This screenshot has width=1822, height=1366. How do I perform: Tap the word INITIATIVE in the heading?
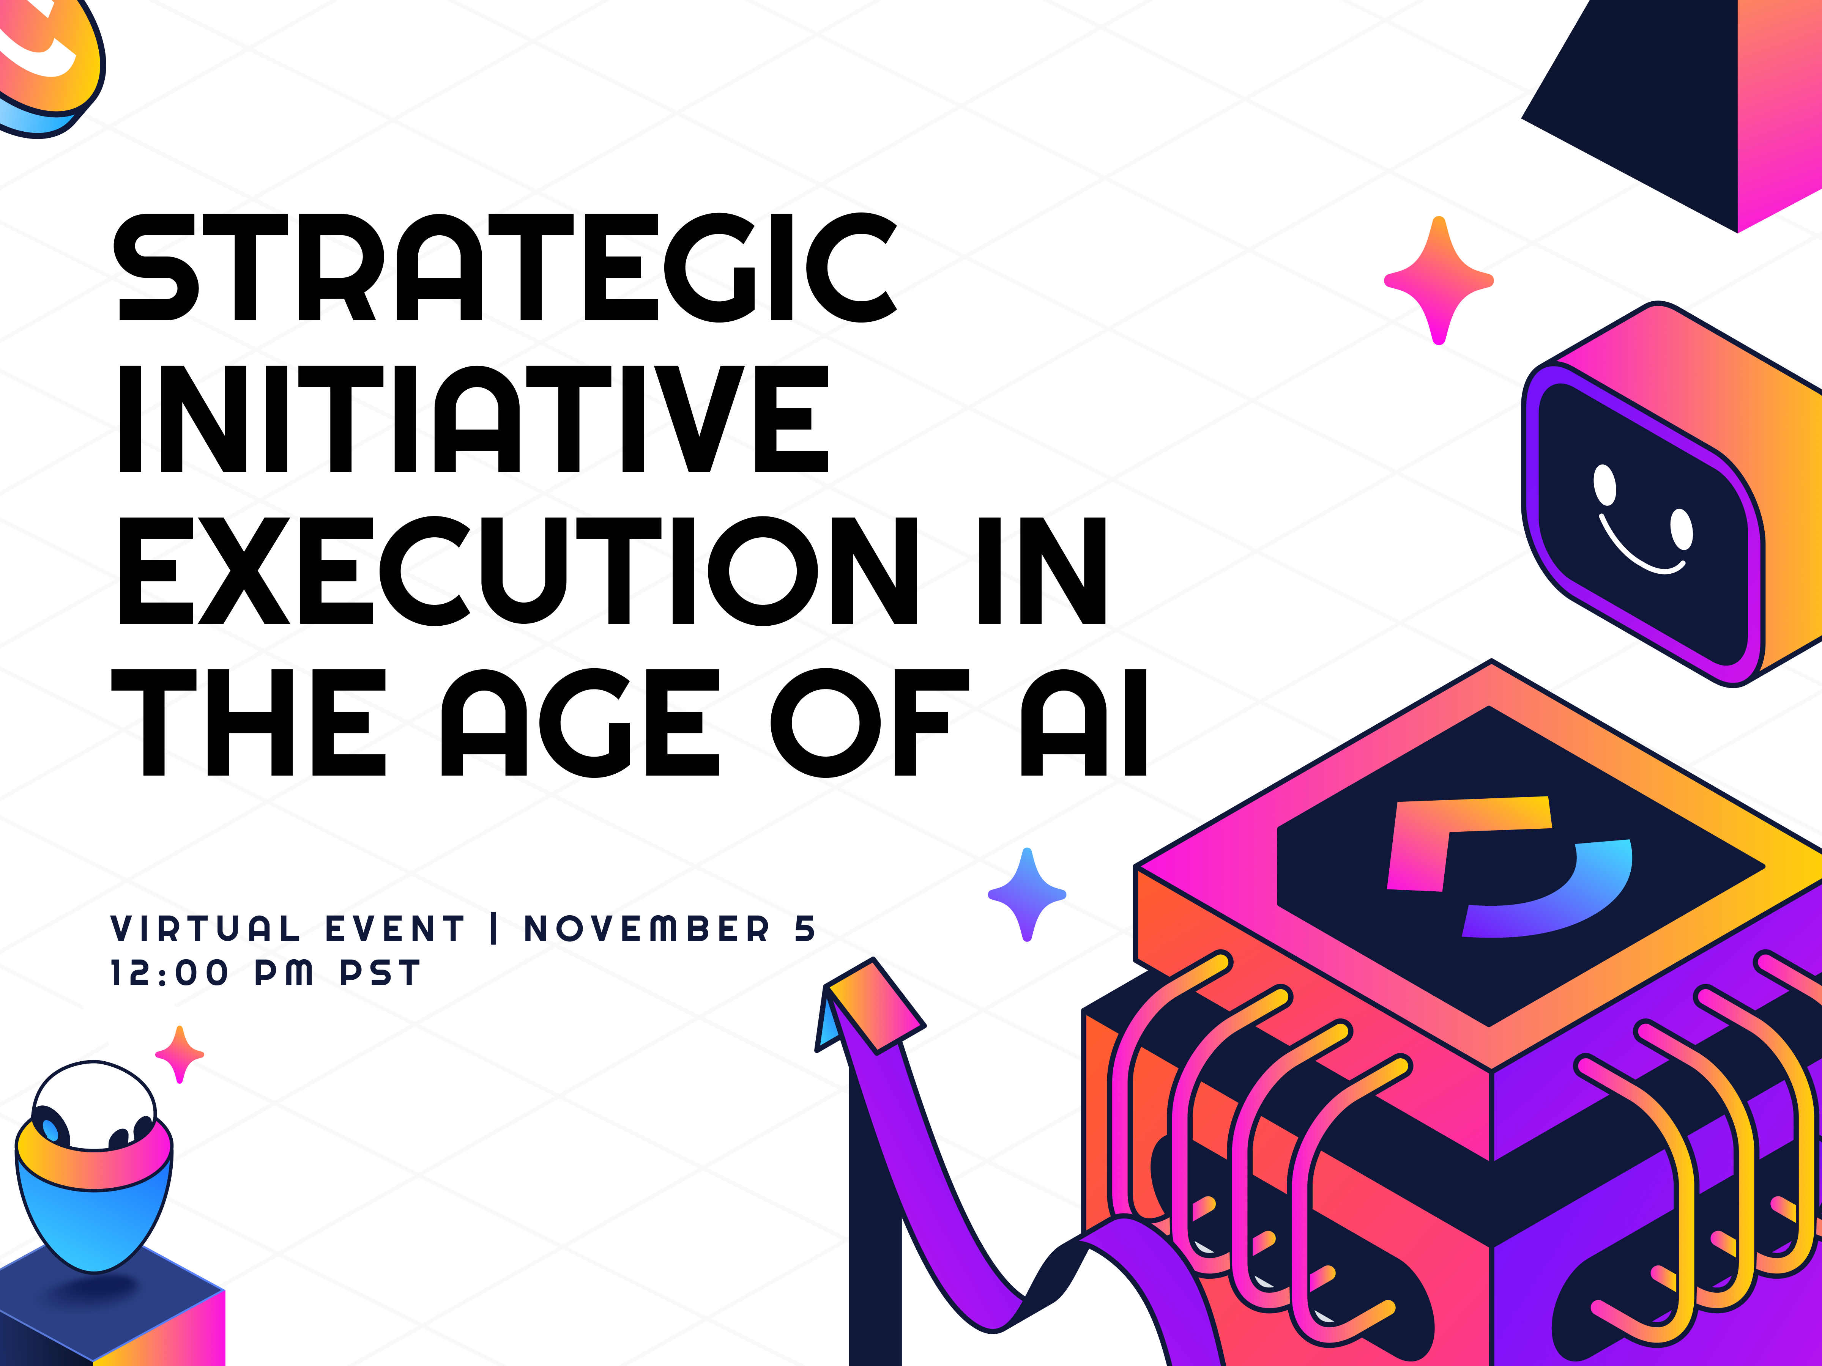(474, 419)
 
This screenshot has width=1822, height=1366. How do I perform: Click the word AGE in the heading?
(580, 722)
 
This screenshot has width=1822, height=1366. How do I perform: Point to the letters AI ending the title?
(1083, 722)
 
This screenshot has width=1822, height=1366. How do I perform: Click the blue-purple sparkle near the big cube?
(1027, 894)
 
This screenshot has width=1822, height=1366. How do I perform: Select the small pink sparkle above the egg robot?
(180, 1054)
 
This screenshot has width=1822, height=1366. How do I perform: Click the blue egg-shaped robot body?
(94, 1202)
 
